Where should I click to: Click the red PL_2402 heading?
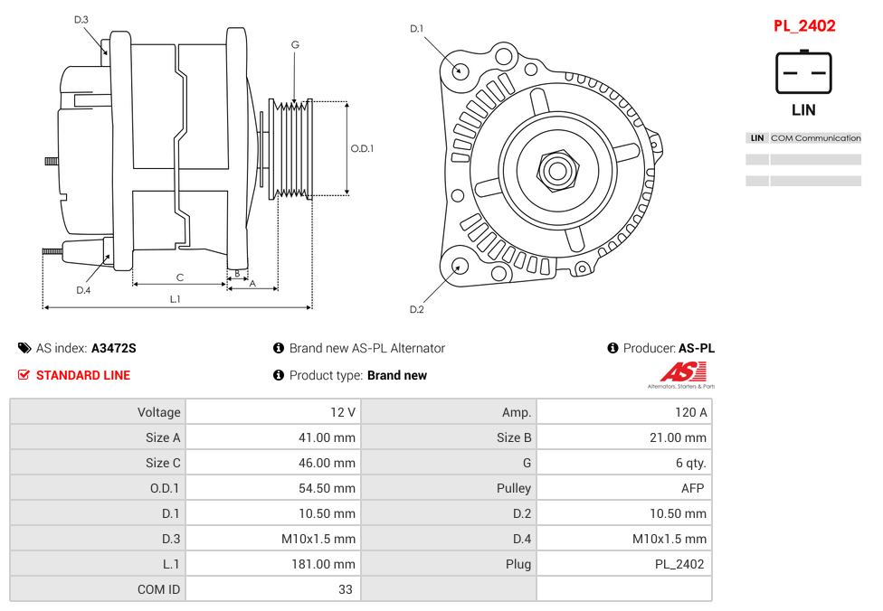803,26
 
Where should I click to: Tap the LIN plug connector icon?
802,72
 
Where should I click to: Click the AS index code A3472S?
114,348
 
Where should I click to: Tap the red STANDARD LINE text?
83,375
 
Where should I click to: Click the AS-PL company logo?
680,374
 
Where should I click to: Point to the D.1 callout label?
416,29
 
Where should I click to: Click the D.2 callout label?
416,309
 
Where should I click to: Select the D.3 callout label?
81,20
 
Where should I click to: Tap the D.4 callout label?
83,290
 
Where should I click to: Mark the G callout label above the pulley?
295,45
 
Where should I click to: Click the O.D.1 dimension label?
362,149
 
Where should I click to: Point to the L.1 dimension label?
175,299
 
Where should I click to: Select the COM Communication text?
815,138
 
